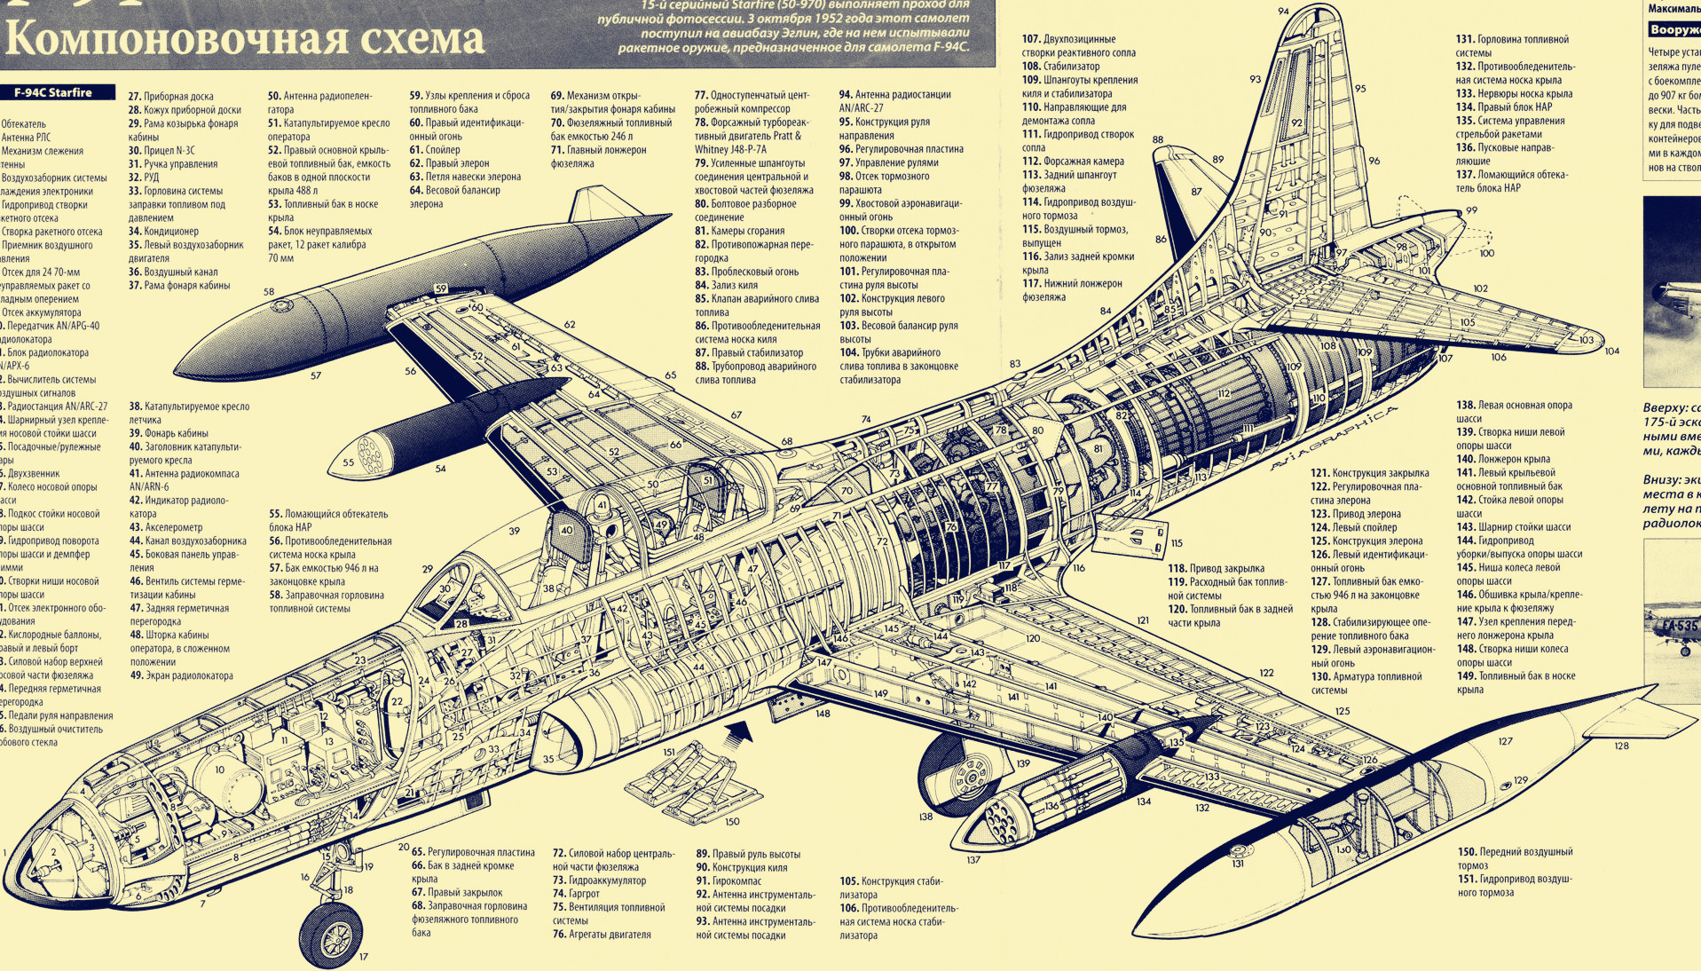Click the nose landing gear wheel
point(333,933)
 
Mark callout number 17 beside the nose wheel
point(363,956)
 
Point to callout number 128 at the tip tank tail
point(1621,746)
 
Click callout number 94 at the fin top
point(1283,11)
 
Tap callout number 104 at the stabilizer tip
point(1611,351)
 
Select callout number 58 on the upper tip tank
point(269,291)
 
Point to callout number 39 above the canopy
point(514,531)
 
